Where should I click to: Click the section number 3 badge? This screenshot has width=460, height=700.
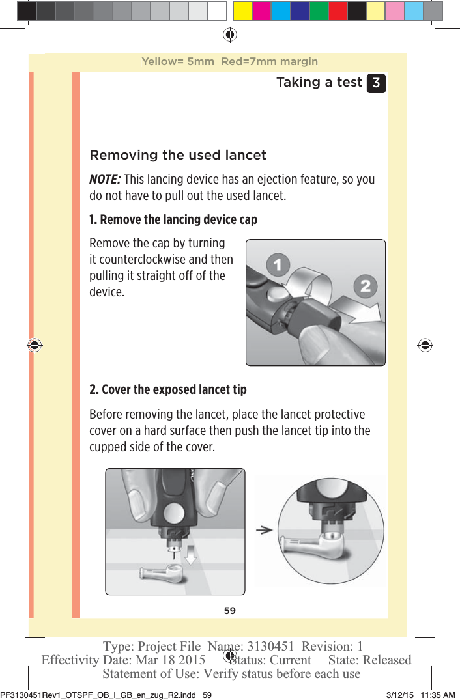[376, 83]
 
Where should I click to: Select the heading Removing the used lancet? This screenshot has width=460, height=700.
[177, 155]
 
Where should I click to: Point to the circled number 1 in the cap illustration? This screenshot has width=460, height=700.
[279, 265]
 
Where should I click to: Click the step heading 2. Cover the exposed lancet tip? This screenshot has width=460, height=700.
[167, 389]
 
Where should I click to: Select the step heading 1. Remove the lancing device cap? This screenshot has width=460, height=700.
[173, 219]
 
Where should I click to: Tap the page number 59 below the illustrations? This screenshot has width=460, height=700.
[230, 611]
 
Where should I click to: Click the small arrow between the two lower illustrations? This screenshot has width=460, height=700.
[264, 530]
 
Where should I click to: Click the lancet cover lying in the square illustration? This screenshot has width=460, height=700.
[161, 574]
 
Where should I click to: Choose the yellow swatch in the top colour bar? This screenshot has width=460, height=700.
[242, 10]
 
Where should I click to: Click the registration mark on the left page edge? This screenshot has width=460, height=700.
[35, 345]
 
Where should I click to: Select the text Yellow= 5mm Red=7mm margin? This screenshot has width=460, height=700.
[229, 62]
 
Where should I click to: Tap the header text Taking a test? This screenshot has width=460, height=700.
[319, 82]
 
